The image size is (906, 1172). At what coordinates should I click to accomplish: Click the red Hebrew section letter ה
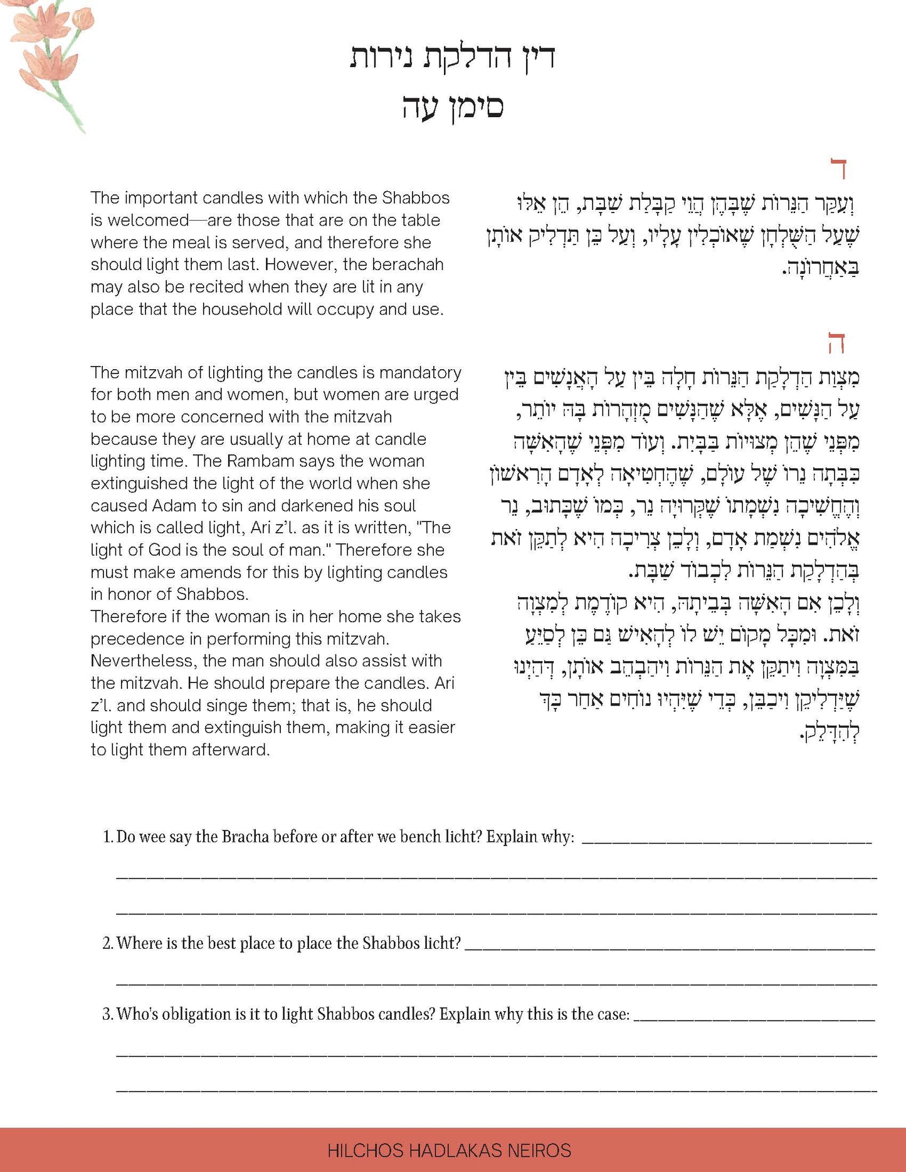[836, 344]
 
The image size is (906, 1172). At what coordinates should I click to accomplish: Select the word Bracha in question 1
[245, 837]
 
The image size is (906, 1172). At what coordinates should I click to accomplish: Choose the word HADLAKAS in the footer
[456, 1151]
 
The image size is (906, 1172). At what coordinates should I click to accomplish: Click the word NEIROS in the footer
[540, 1151]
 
